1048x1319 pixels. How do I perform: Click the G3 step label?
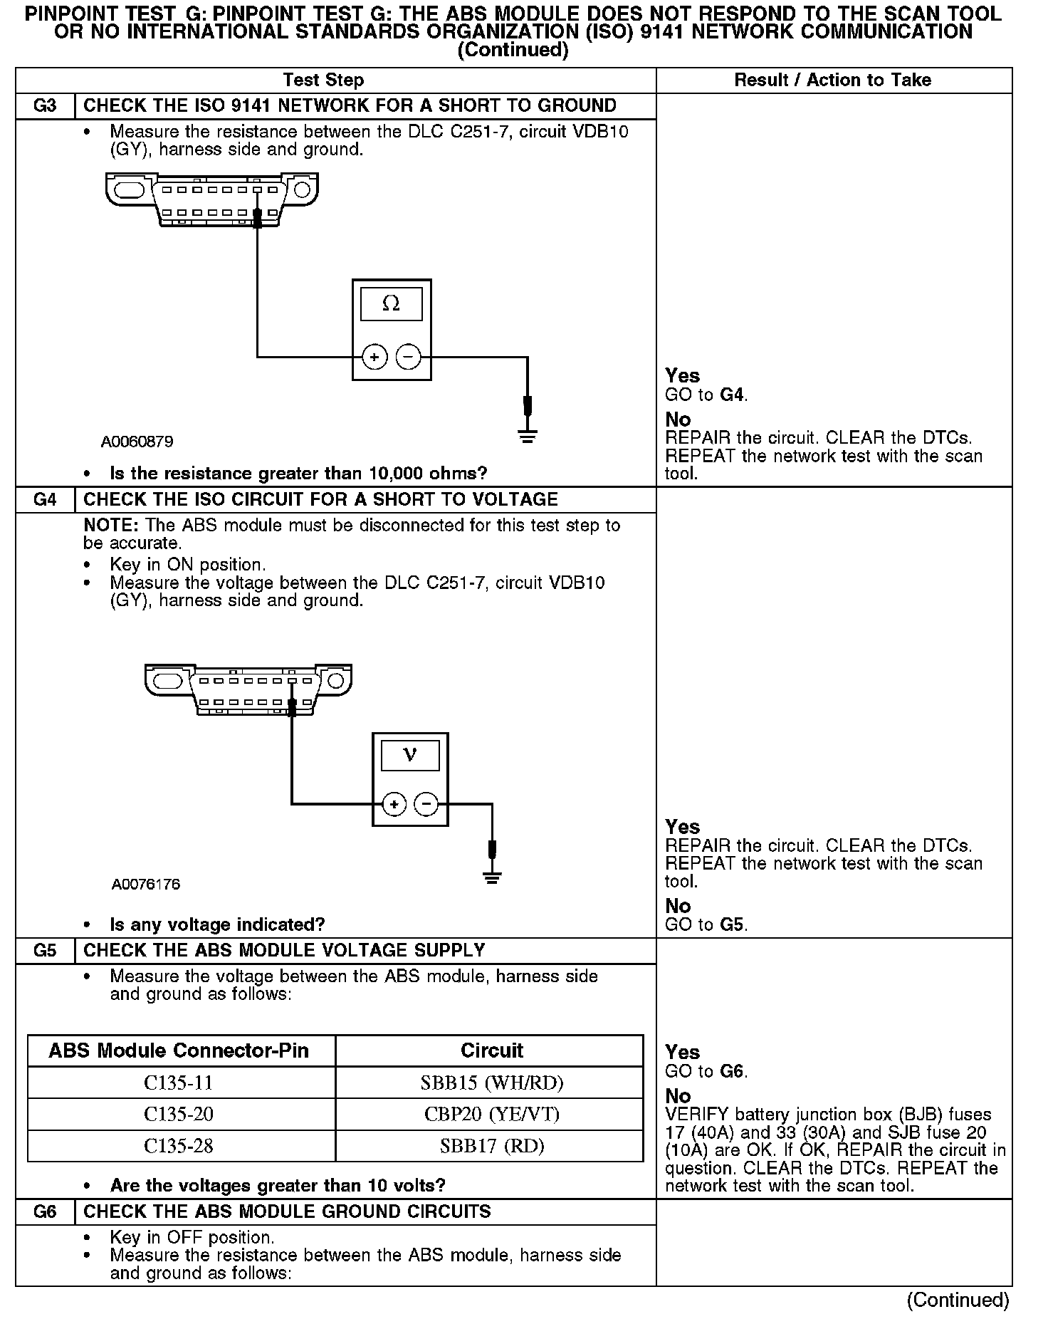pos(45,106)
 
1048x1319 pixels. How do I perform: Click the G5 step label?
pos(45,951)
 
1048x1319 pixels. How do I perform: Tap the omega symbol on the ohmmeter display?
pos(391,304)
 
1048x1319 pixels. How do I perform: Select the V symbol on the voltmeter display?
pos(410,755)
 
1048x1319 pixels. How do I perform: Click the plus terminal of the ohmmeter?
pos(374,357)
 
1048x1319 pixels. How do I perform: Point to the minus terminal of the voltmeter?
pos(426,805)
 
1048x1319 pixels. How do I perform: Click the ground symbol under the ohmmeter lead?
pos(527,435)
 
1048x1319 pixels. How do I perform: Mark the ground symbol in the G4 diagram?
pos(492,877)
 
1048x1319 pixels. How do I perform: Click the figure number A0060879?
pos(137,442)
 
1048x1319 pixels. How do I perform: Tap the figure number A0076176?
pos(146,885)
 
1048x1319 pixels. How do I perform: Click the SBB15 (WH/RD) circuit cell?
pos(491,1083)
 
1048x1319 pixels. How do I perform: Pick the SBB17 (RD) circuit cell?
pos(491,1146)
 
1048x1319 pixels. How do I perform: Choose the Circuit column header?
pos(491,1050)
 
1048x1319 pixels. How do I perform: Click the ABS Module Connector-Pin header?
pos(179,1050)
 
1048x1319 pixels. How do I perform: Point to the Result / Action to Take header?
pos(832,80)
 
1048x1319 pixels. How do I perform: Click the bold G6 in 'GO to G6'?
pos(733,1071)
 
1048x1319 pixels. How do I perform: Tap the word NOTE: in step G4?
pos(111,526)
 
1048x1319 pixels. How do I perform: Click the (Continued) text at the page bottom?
pos(958,1300)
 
